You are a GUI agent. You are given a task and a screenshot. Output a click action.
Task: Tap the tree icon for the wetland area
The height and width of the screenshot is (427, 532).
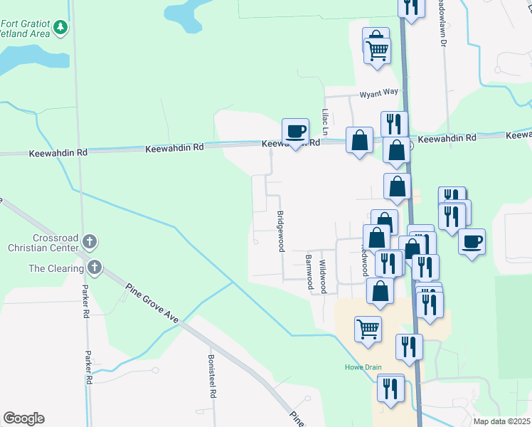(61, 27)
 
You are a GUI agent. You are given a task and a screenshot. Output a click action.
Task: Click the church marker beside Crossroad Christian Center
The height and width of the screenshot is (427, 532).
(90, 241)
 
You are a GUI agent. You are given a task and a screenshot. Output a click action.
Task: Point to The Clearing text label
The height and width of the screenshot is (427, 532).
(55, 268)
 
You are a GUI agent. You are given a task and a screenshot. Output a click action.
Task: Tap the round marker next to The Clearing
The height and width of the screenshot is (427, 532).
(94, 268)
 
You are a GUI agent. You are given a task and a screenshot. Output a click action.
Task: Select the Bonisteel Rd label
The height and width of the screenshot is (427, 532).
(211, 376)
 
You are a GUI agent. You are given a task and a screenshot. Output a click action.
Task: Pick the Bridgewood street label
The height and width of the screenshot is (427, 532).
(280, 231)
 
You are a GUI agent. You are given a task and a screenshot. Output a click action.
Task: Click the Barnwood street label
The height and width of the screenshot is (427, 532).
(309, 272)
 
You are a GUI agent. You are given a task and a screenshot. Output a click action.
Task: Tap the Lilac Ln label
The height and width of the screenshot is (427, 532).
(324, 122)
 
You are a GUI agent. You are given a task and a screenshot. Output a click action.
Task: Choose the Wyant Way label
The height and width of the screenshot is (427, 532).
(378, 93)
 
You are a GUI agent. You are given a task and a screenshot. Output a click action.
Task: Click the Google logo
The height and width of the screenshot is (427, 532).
(23, 418)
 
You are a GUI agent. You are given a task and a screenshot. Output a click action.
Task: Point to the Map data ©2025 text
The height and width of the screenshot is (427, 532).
(501, 421)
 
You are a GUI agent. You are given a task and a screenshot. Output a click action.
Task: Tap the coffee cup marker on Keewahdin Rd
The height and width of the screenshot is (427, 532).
(296, 132)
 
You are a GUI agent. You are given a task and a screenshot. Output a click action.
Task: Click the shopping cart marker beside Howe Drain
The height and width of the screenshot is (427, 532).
(368, 329)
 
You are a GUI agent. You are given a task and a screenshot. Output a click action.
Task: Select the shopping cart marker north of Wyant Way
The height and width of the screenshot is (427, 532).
(378, 49)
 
